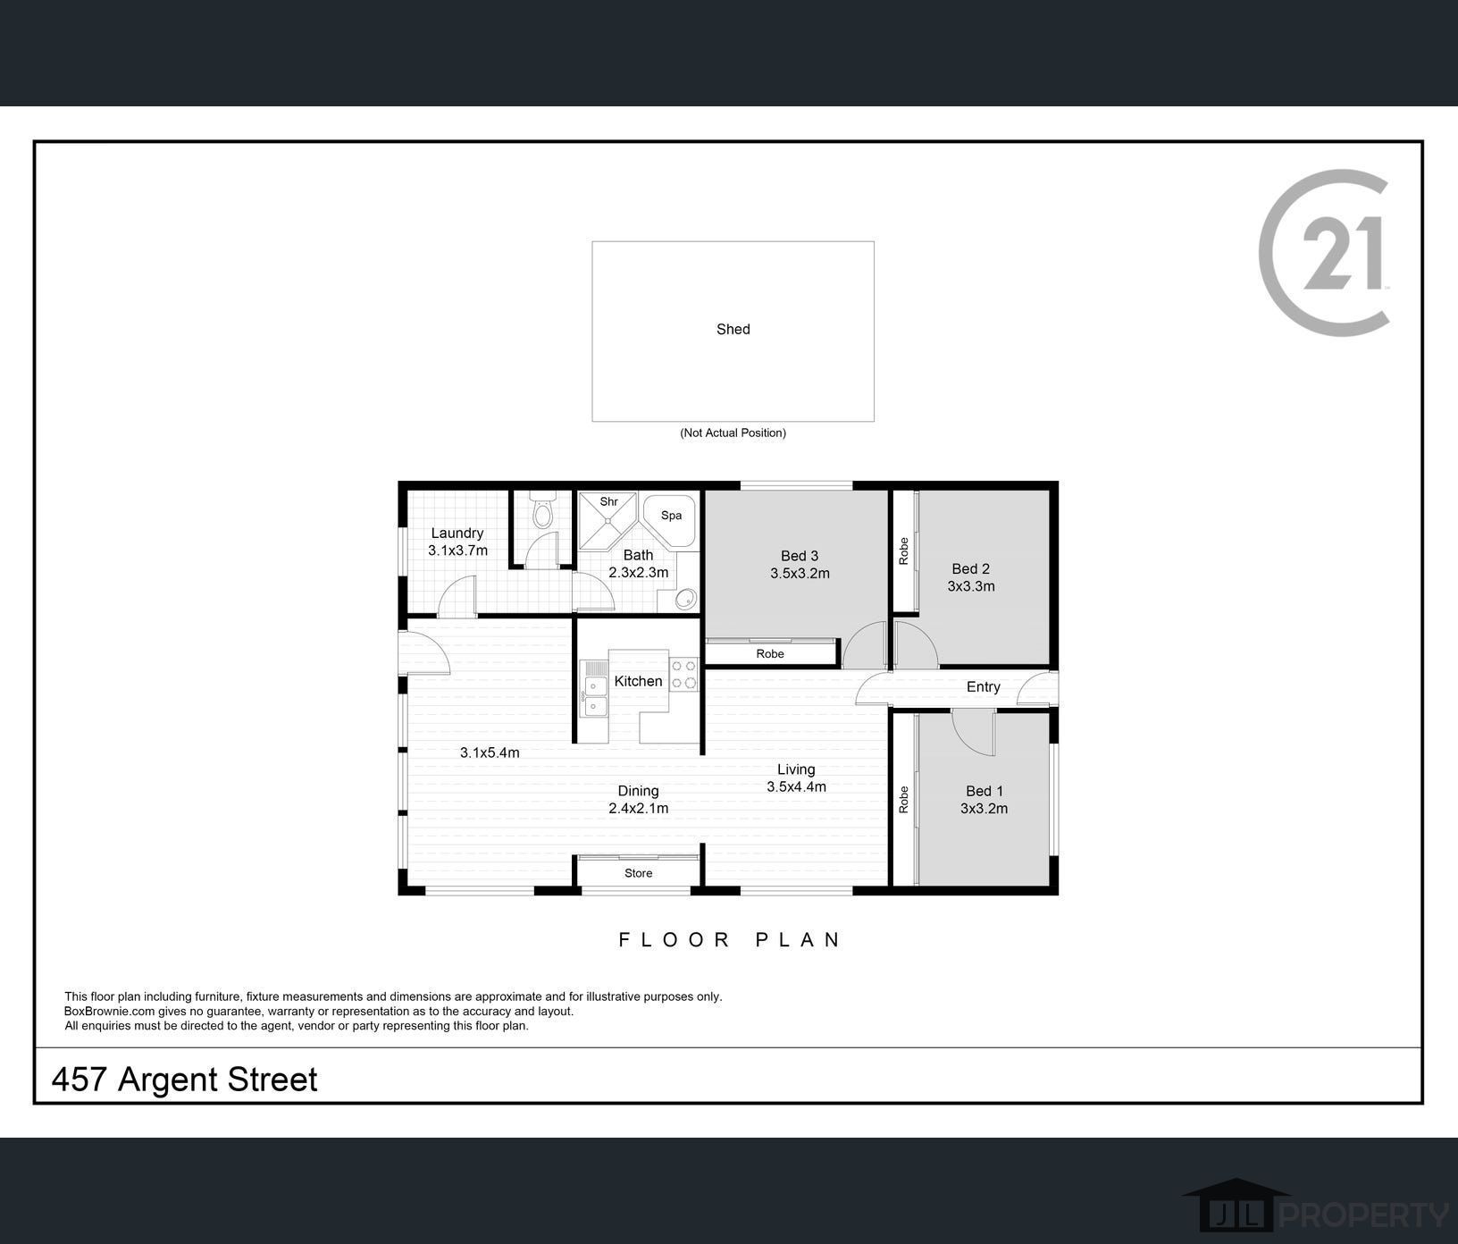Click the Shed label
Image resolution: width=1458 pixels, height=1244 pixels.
(733, 330)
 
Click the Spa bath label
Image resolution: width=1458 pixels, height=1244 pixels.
(671, 516)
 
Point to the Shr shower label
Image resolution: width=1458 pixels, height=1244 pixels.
(608, 502)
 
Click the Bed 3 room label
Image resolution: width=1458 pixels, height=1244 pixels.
(800, 556)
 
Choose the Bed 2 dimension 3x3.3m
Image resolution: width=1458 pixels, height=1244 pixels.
(971, 587)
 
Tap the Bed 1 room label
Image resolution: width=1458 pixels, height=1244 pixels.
(984, 791)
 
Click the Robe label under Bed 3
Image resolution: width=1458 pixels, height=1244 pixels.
(769, 654)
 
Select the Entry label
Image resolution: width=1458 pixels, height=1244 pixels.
(983, 687)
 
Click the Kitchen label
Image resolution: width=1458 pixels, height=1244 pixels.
(638, 682)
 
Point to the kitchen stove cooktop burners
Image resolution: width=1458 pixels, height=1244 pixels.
(684, 675)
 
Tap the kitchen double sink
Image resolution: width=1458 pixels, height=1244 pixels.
(594, 697)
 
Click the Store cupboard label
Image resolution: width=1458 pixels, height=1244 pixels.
(638, 874)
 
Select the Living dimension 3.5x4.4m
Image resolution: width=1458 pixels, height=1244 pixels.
(796, 787)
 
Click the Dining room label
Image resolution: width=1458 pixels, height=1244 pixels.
(638, 791)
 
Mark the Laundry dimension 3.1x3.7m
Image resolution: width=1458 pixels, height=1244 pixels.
(457, 551)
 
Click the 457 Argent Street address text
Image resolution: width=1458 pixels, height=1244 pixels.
(184, 1080)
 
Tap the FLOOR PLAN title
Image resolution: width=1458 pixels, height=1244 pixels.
(730, 940)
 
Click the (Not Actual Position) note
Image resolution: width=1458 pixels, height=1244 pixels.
(733, 433)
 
